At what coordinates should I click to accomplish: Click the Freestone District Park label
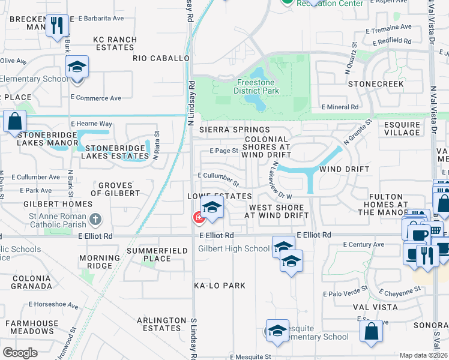click(x=258, y=86)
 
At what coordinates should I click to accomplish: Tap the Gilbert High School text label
click(x=234, y=248)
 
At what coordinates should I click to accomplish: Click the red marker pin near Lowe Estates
click(x=197, y=217)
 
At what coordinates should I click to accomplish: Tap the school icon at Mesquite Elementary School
click(x=277, y=332)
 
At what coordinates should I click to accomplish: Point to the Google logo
click(x=20, y=353)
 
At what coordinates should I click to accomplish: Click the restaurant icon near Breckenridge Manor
click(x=57, y=26)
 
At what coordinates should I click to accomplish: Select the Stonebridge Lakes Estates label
click(x=116, y=152)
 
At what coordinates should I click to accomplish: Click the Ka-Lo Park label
click(x=220, y=286)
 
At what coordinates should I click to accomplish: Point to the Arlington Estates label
click(x=161, y=325)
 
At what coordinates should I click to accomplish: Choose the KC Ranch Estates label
click(x=115, y=44)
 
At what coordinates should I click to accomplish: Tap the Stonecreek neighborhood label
click(x=376, y=84)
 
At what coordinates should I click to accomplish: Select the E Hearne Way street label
click(x=92, y=124)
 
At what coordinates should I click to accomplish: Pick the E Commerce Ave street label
click(x=95, y=98)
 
